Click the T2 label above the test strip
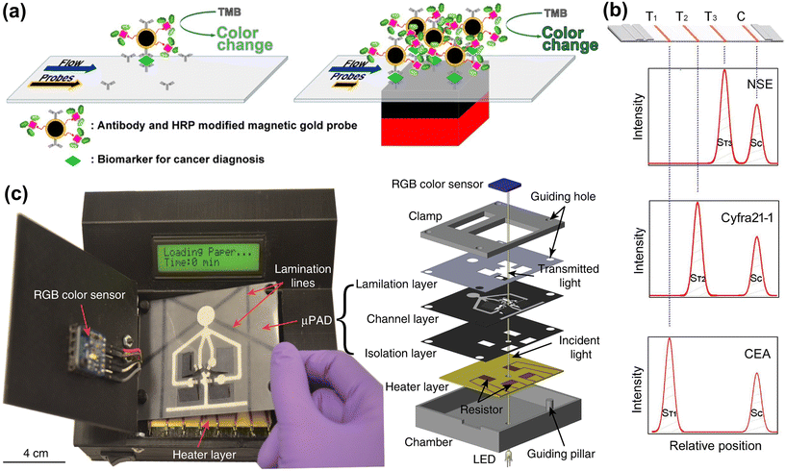(682, 17)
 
